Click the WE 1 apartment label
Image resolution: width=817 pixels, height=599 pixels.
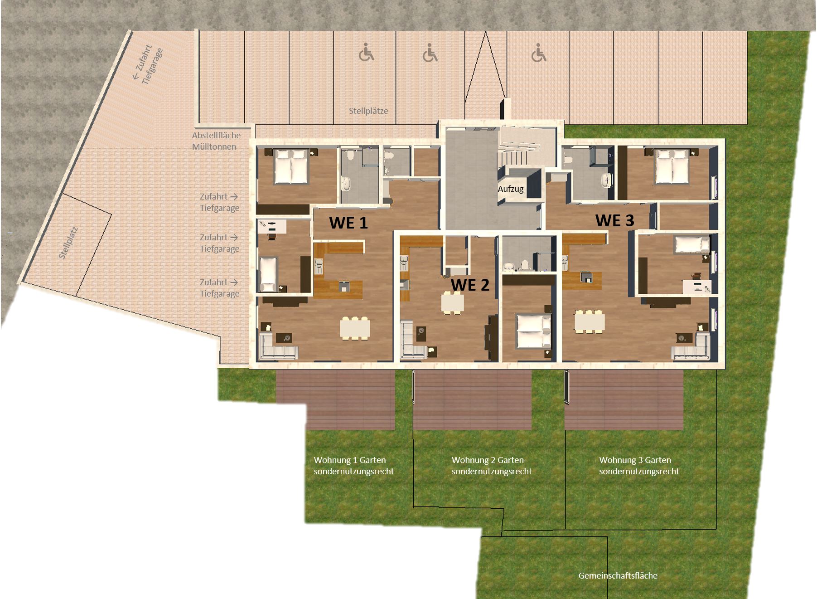click(x=348, y=223)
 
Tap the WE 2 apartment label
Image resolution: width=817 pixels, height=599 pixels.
click(x=470, y=285)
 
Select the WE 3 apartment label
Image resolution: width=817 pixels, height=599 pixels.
click(x=614, y=220)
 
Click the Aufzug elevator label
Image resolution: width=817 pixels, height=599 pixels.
click(x=511, y=189)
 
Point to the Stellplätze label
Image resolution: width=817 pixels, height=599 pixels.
click(x=368, y=111)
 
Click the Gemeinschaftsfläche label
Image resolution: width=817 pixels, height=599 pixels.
click(x=618, y=575)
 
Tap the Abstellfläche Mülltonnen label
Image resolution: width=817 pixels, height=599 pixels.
click(x=216, y=141)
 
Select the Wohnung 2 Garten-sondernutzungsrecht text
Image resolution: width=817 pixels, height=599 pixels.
click(x=492, y=466)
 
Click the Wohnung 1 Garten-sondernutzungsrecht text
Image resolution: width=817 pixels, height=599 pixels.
click(x=353, y=466)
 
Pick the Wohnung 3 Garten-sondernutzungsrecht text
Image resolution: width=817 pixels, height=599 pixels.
click(x=639, y=466)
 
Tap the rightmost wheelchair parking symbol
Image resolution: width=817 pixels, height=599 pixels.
click(x=539, y=53)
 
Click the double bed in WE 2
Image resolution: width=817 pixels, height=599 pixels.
click(x=534, y=331)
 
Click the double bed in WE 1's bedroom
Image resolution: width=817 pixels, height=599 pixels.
click(x=291, y=167)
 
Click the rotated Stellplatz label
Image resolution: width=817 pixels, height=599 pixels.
click(x=69, y=243)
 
